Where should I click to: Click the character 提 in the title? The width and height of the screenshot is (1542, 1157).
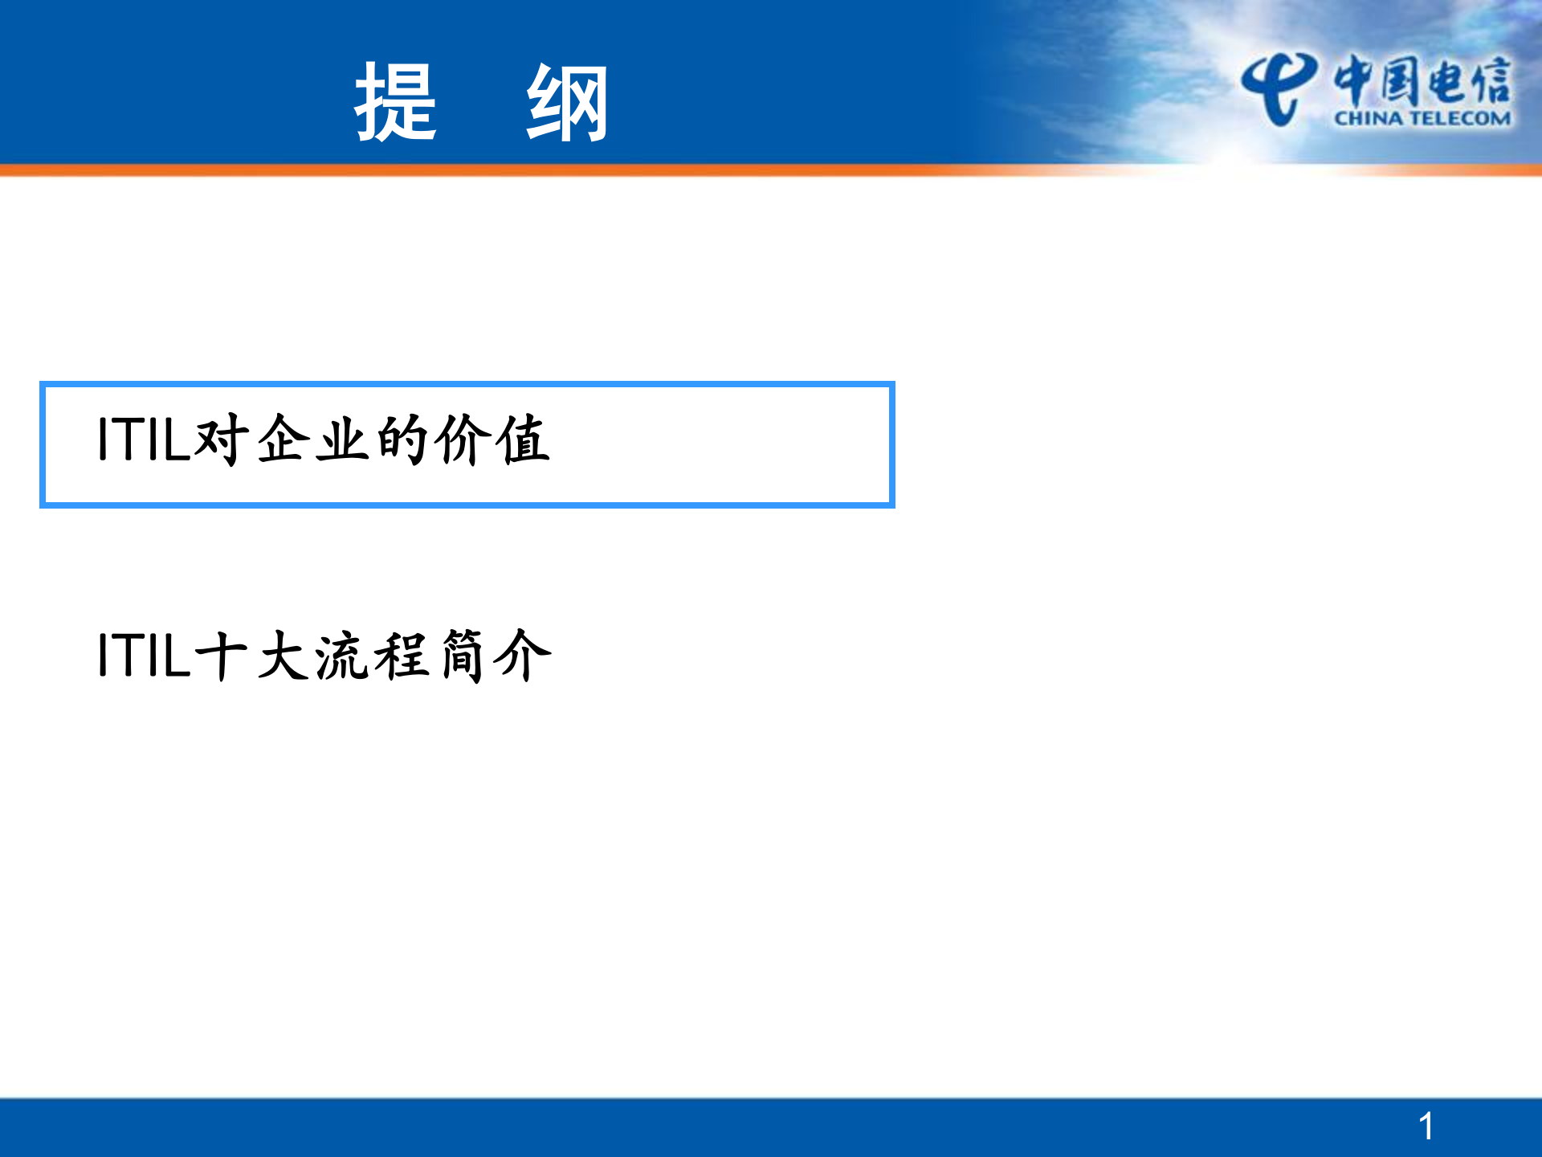click(396, 102)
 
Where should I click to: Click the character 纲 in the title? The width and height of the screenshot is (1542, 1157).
click(567, 102)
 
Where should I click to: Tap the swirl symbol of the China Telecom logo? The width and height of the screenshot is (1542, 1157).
click(1279, 88)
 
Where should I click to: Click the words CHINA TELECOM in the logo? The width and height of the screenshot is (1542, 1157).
click(1422, 119)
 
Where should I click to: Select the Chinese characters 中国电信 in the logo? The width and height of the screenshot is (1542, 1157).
click(1422, 80)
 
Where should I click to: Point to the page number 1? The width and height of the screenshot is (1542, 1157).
click(1426, 1126)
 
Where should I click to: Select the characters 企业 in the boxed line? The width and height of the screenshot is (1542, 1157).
click(314, 439)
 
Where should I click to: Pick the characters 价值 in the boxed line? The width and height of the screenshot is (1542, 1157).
click(493, 439)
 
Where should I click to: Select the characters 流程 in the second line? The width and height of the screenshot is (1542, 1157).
click(373, 656)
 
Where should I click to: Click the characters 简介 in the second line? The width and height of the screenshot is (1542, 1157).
click(495, 656)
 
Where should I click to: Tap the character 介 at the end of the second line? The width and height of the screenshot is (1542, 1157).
click(524, 656)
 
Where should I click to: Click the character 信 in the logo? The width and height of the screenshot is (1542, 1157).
click(1490, 80)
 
